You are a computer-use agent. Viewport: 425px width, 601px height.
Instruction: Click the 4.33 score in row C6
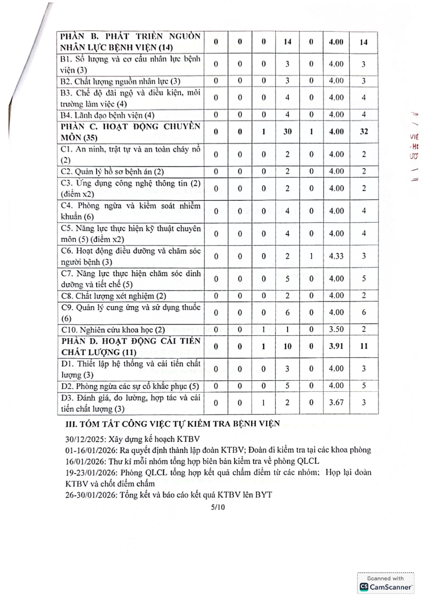(x=336, y=256)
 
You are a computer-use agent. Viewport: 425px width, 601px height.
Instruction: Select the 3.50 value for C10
(x=336, y=330)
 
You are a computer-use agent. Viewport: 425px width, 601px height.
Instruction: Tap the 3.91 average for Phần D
(x=336, y=346)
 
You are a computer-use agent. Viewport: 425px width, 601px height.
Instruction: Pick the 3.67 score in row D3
(x=336, y=402)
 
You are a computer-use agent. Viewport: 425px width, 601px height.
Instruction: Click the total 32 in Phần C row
(x=364, y=132)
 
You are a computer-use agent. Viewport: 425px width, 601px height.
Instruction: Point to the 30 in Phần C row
(x=287, y=132)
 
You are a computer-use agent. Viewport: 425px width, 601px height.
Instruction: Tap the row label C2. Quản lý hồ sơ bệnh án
(x=112, y=172)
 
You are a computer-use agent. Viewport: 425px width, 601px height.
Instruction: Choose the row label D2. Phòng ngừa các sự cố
(x=130, y=386)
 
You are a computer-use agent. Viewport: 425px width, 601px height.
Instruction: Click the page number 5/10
(x=218, y=507)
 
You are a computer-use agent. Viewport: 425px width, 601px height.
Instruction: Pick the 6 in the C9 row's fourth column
(x=287, y=313)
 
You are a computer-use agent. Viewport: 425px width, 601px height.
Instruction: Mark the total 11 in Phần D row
(x=364, y=346)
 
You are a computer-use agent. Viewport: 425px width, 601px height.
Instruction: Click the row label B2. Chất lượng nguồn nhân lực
(x=120, y=81)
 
